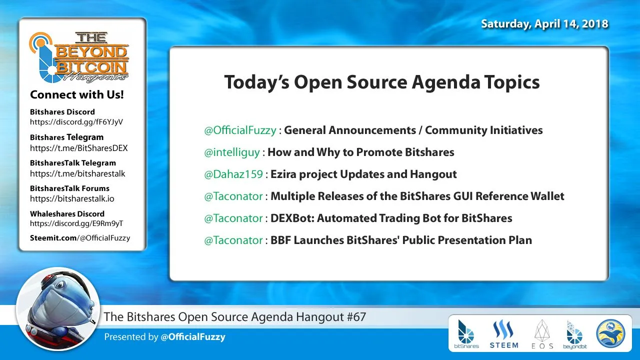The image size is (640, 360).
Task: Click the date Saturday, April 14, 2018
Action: pyautogui.click(x=544, y=24)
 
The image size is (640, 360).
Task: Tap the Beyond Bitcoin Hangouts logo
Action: pyautogui.click(x=79, y=57)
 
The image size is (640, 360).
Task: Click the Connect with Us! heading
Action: pyautogui.click(x=77, y=94)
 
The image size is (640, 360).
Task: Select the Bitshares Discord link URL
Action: pyautogui.click(x=76, y=122)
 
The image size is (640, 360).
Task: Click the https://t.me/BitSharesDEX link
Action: pyautogui.click(x=79, y=148)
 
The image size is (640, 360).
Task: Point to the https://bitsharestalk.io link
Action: pyautogui.click(x=72, y=198)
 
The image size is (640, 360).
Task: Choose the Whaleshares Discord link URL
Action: pyautogui.click(x=76, y=223)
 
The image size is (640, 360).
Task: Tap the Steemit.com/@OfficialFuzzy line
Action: pyautogui.click(x=80, y=238)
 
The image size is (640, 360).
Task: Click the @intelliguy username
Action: pyautogui.click(x=231, y=152)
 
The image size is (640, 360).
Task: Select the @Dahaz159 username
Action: pyautogui.click(x=233, y=174)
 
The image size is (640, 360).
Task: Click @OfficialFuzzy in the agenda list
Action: pyautogui.click(x=240, y=130)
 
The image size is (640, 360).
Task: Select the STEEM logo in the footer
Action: pyautogui.click(x=503, y=334)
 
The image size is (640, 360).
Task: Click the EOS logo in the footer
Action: pyautogui.click(x=542, y=334)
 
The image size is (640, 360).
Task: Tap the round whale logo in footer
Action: pyautogui.click(x=610, y=333)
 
